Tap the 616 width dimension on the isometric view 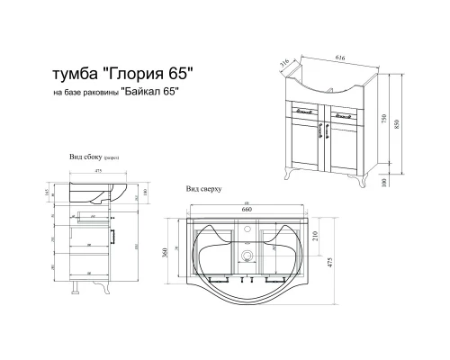(339, 55)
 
